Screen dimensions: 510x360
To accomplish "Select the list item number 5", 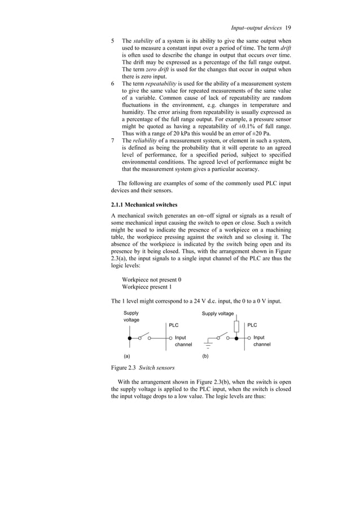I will pos(113,42).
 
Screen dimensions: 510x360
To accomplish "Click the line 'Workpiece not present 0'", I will pos(152,280).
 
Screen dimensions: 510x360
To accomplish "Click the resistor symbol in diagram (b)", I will pos(236,326).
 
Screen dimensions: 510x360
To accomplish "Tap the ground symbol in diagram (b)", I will pos(208,343).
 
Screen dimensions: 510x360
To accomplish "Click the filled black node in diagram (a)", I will pos(130,338).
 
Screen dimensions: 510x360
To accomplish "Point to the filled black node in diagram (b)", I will pos(236,338).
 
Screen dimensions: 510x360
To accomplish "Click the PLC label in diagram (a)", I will pos(174,325).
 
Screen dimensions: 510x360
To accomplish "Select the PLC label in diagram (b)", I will pos(252,325).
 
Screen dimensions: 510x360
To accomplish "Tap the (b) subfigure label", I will pos(205,357).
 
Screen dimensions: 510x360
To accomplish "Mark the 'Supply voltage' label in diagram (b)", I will pos(218,313).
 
